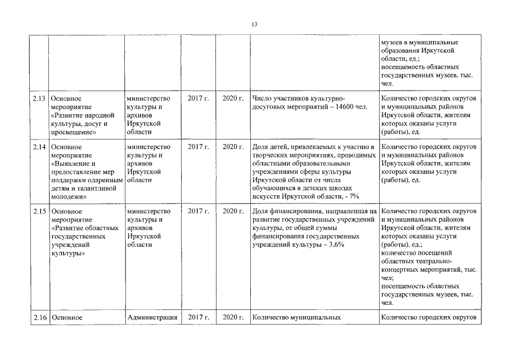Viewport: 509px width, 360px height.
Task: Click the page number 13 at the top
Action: [254, 24]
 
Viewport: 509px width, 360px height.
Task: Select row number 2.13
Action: [39, 99]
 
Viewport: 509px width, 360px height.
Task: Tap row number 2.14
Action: [39, 147]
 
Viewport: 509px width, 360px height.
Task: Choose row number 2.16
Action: [39, 317]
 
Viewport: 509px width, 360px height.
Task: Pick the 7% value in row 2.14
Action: [354, 195]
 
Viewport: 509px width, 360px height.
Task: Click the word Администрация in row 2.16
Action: [152, 317]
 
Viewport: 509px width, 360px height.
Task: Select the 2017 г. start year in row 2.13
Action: [198, 99]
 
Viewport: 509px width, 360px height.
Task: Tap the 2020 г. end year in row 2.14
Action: [232, 147]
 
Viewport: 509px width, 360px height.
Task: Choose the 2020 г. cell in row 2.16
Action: [232, 317]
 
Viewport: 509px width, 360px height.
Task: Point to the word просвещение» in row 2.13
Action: [72, 132]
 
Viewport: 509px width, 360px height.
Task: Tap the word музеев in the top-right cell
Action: [392, 42]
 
